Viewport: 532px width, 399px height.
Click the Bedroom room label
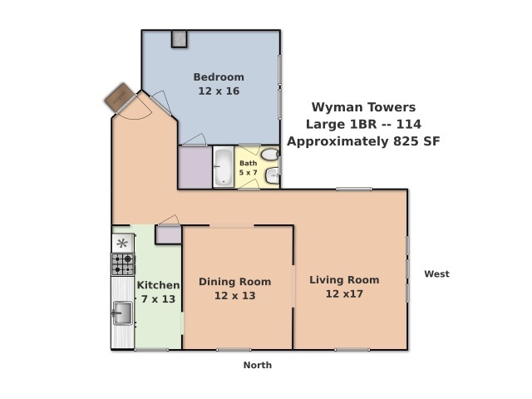[x=219, y=77]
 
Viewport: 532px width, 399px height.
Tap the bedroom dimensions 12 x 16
[x=219, y=91]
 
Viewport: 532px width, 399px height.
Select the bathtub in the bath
[x=224, y=167]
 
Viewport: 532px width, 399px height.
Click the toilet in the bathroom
[x=270, y=155]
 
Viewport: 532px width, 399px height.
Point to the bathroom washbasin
[x=273, y=175]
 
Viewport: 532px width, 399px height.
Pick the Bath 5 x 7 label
[x=248, y=168]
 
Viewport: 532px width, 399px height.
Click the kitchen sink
[x=122, y=313]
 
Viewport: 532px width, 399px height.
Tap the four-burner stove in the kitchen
[x=123, y=264]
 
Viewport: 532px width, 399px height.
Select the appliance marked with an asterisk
[x=122, y=243]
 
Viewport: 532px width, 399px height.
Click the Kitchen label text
[x=158, y=285]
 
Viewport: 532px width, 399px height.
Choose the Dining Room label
[x=234, y=282]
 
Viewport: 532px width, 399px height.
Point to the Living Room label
[x=344, y=280]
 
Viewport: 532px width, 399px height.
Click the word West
[x=436, y=273]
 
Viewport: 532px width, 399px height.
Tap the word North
[x=258, y=365]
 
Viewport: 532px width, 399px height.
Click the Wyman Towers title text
[x=364, y=107]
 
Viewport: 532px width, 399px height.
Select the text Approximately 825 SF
[x=364, y=141]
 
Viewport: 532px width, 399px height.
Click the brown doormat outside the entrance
[x=119, y=97]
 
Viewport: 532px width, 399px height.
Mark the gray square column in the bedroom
[x=180, y=39]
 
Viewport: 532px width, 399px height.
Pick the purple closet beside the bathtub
[x=195, y=167]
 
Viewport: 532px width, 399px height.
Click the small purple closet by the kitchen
[x=168, y=234]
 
